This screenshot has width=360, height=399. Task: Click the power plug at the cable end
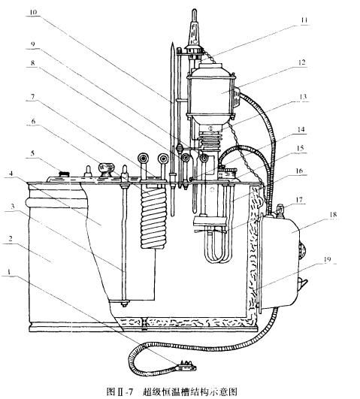pos(183,366)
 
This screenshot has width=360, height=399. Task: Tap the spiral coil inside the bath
pos(156,213)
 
